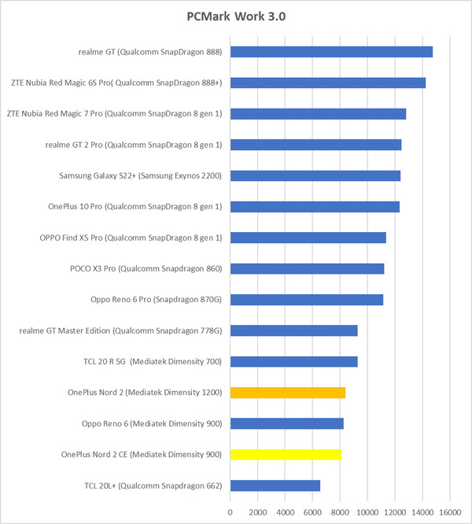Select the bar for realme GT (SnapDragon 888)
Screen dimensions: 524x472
pos(331,52)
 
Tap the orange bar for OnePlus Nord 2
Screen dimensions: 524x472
pos(288,393)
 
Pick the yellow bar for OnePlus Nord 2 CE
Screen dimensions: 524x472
pos(286,455)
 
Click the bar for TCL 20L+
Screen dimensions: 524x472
pos(275,485)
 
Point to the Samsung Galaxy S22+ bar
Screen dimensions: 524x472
pos(315,175)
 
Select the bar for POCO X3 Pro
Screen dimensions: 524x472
pos(307,269)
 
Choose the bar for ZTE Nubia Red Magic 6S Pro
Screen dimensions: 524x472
pos(328,83)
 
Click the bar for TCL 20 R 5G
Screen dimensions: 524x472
pos(294,362)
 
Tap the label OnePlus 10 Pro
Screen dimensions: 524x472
pos(135,207)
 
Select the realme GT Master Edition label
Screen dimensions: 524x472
pos(121,330)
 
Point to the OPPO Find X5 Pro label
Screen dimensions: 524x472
pos(131,238)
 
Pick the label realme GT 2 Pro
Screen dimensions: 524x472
pos(135,145)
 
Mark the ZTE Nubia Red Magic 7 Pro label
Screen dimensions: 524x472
pos(114,114)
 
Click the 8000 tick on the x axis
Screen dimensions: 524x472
pos(340,511)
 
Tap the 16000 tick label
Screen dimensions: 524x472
pos(450,511)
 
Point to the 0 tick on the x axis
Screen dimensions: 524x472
pos(230,511)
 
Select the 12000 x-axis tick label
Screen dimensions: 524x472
pos(395,511)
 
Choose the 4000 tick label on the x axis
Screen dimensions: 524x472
pos(285,511)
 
